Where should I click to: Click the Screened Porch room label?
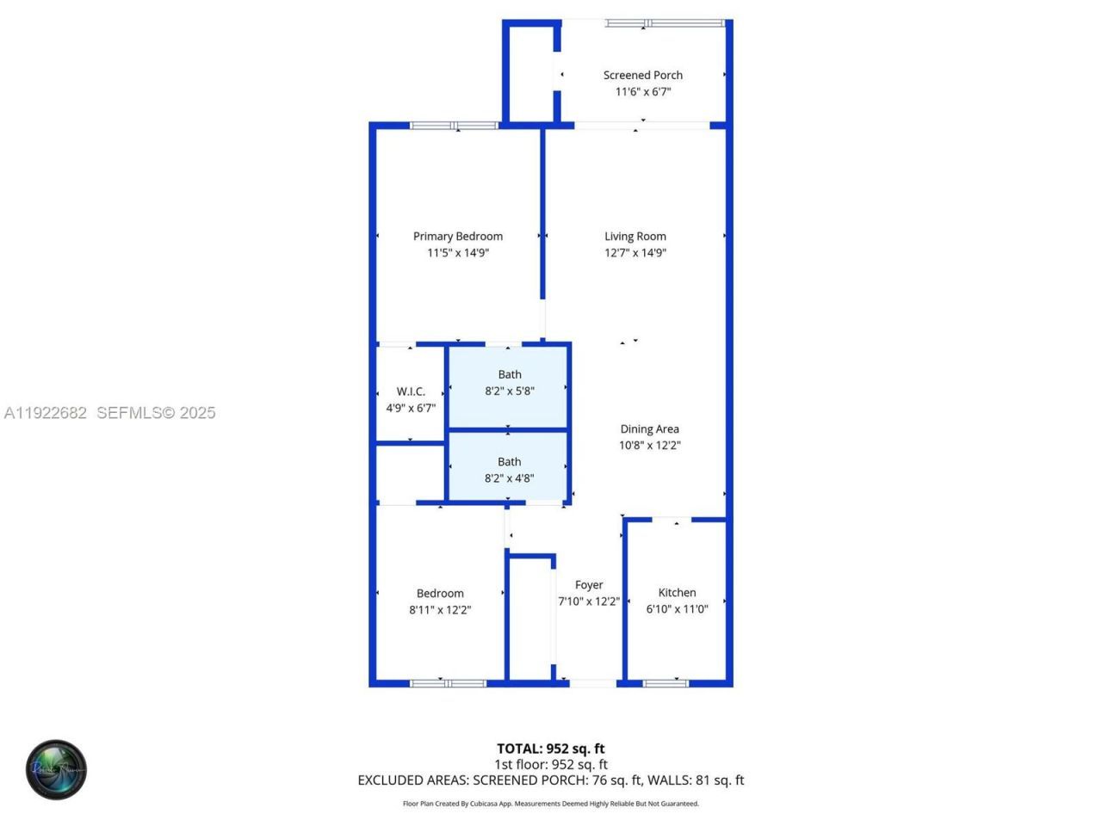click(642, 76)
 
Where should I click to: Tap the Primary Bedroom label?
click(457, 237)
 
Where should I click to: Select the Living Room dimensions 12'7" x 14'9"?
click(635, 253)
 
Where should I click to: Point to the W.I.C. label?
click(411, 391)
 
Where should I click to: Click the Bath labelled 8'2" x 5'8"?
click(510, 382)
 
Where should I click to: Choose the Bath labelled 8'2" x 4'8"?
click(510, 470)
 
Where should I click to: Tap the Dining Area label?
click(649, 429)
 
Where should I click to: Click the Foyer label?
click(589, 585)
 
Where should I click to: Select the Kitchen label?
click(677, 593)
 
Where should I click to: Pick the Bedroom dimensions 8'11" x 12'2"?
click(440, 610)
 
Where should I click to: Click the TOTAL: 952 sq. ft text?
click(551, 749)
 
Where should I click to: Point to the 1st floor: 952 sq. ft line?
click(551, 764)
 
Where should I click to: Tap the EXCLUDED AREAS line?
click(551, 780)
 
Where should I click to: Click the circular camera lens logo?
click(56, 769)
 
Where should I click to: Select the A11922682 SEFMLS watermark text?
click(109, 413)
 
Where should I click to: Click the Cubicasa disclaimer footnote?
click(551, 804)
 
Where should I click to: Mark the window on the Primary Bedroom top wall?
click(454, 126)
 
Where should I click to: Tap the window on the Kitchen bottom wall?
click(666, 683)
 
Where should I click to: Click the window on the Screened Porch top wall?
click(664, 23)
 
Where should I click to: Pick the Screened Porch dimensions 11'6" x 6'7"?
click(642, 92)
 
